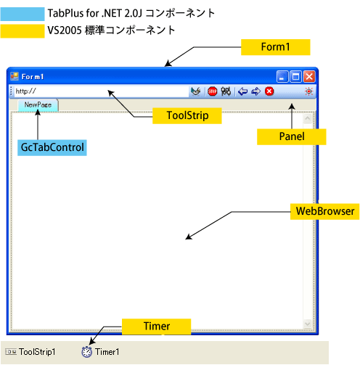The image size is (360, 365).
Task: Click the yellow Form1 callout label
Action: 275,47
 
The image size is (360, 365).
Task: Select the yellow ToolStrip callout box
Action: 187,115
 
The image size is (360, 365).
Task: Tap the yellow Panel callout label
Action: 292,136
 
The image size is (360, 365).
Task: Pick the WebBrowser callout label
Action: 325,211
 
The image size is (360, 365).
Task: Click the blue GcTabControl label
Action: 52,147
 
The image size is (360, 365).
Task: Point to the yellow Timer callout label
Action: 156,327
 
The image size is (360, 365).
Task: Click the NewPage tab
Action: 38,105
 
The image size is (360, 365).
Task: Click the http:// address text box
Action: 102,91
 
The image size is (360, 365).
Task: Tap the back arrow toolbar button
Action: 243,91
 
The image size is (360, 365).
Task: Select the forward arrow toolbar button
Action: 256,91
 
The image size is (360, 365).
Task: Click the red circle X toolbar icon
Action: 269,91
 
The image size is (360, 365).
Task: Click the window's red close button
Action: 309,77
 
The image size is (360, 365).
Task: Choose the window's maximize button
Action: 295,77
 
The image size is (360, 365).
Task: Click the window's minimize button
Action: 282,77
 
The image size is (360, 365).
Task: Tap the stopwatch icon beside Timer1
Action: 86,352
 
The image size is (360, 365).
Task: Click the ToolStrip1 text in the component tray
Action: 37,352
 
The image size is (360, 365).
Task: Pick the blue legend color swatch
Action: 22,14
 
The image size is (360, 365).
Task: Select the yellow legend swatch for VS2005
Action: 22,31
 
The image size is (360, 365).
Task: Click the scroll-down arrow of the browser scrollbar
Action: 308,324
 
